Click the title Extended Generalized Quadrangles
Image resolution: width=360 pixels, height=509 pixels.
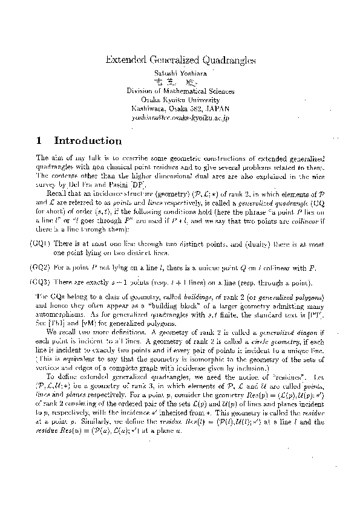(x=180, y=60)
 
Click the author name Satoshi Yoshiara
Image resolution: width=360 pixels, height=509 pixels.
(x=180, y=73)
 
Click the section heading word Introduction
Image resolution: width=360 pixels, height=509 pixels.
(x=88, y=141)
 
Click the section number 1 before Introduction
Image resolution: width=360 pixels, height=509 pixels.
(x=39, y=141)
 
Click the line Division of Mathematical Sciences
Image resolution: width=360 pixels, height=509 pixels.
(x=180, y=90)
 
